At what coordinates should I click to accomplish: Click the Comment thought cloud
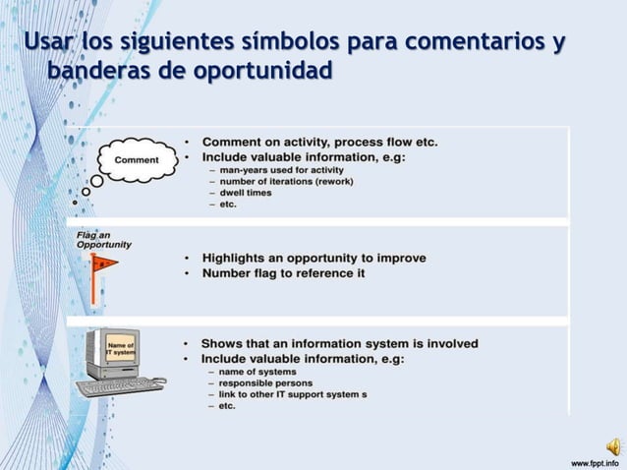138,160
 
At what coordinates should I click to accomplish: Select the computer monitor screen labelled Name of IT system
121,348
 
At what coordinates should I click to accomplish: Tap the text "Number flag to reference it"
283,273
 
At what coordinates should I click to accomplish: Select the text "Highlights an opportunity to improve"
313,258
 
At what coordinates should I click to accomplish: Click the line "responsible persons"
266,382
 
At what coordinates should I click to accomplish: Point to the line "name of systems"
256,371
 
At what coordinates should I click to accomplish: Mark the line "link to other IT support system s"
293,394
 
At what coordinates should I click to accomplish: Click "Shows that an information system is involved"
339,343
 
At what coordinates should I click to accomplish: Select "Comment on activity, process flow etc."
319,142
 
